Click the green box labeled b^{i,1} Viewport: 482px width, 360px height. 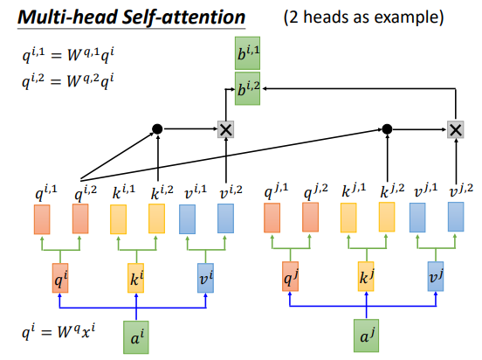point(247,53)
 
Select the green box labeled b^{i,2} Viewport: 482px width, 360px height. point(247,88)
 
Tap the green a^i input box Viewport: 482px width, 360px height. point(136,337)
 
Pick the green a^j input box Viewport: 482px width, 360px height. point(366,336)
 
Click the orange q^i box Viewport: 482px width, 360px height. point(60,278)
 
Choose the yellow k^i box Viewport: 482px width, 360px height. point(136,278)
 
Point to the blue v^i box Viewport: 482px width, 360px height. point(206,278)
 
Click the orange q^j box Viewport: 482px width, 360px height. point(290,276)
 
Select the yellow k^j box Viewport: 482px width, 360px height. point(366,276)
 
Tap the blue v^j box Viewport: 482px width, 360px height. point(436,276)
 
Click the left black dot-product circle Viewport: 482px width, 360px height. point(157,129)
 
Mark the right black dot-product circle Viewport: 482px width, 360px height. point(387,129)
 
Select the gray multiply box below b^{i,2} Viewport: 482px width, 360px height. point(225,129)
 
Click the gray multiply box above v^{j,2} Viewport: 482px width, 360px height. point(456,129)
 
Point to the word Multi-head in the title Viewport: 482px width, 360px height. point(67,17)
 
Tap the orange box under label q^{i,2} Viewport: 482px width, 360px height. point(80,218)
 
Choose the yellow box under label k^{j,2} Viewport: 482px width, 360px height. point(387,217)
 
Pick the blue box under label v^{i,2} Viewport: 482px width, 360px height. point(225,218)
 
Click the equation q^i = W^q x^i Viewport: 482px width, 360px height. point(59,332)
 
